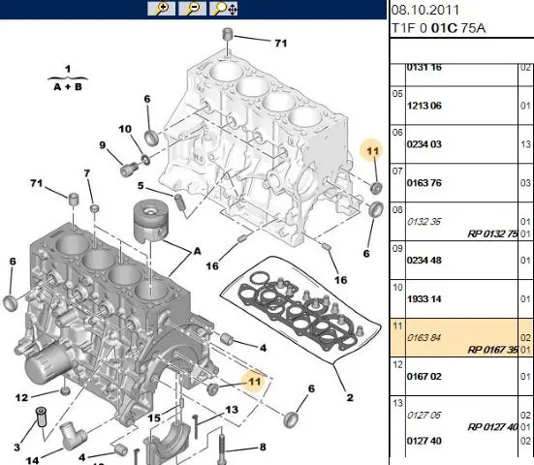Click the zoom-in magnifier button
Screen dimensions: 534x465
tap(162, 9)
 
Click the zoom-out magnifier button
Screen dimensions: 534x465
tap(193, 9)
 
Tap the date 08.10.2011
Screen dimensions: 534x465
tap(425, 10)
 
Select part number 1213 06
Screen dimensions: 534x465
tap(424, 106)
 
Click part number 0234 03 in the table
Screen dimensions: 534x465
tap(424, 144)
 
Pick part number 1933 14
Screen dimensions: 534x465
tap(424, 299)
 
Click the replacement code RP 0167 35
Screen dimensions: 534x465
tap(492, 350)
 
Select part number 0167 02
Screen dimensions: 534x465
tap(424, 377)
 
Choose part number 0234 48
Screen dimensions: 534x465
tap(424, 261)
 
